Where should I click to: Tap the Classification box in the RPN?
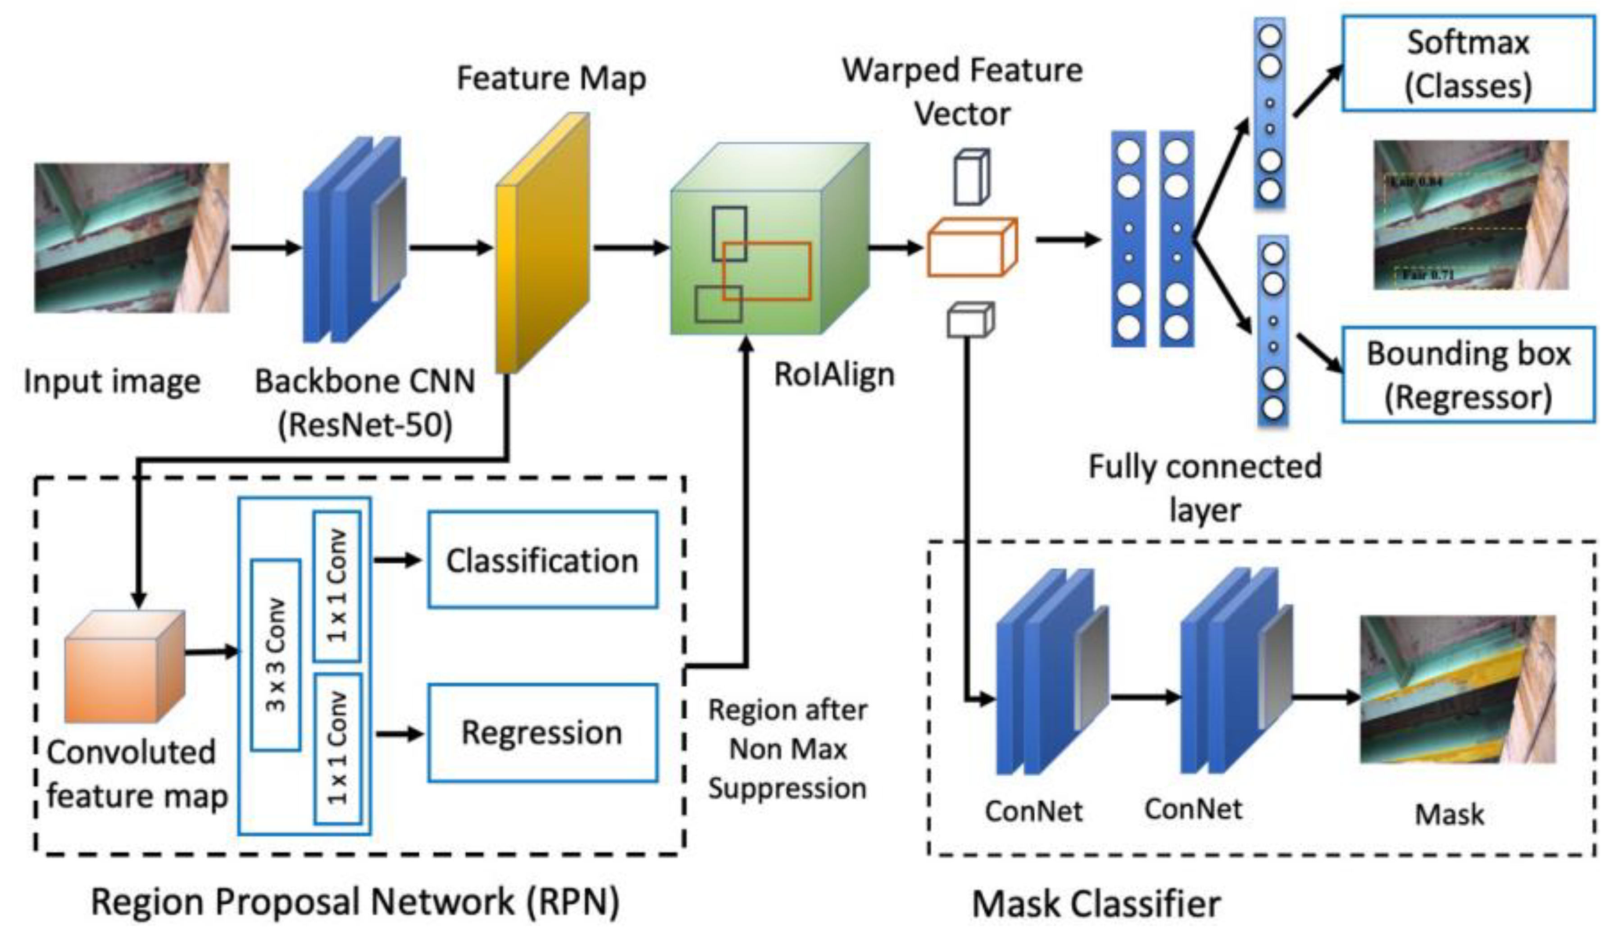542,560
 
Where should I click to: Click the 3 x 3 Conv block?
275,655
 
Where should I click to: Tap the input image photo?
131,237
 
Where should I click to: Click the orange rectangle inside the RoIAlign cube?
767,271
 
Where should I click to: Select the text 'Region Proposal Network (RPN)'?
355,902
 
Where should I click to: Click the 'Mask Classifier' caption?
1096,904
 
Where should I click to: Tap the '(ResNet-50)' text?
365,424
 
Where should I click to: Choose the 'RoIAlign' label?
834,374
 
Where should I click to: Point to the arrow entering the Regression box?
400,734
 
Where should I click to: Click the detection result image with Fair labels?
1471,214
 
